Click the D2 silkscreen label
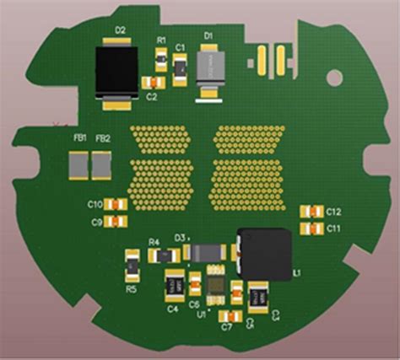pyautogui.click(x=121, y=30)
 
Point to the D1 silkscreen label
pyautogui.click(x=208, y=35)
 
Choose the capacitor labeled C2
pyautogui.click(x=153, y=83)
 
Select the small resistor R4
pyautogui.click(x=155, y=254)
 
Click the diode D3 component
pyautogui.click(x=204, y=251)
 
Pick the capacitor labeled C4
pyautogui.click(x=175, y=285)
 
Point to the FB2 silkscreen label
pyautogui.click(x=103, y=138)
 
